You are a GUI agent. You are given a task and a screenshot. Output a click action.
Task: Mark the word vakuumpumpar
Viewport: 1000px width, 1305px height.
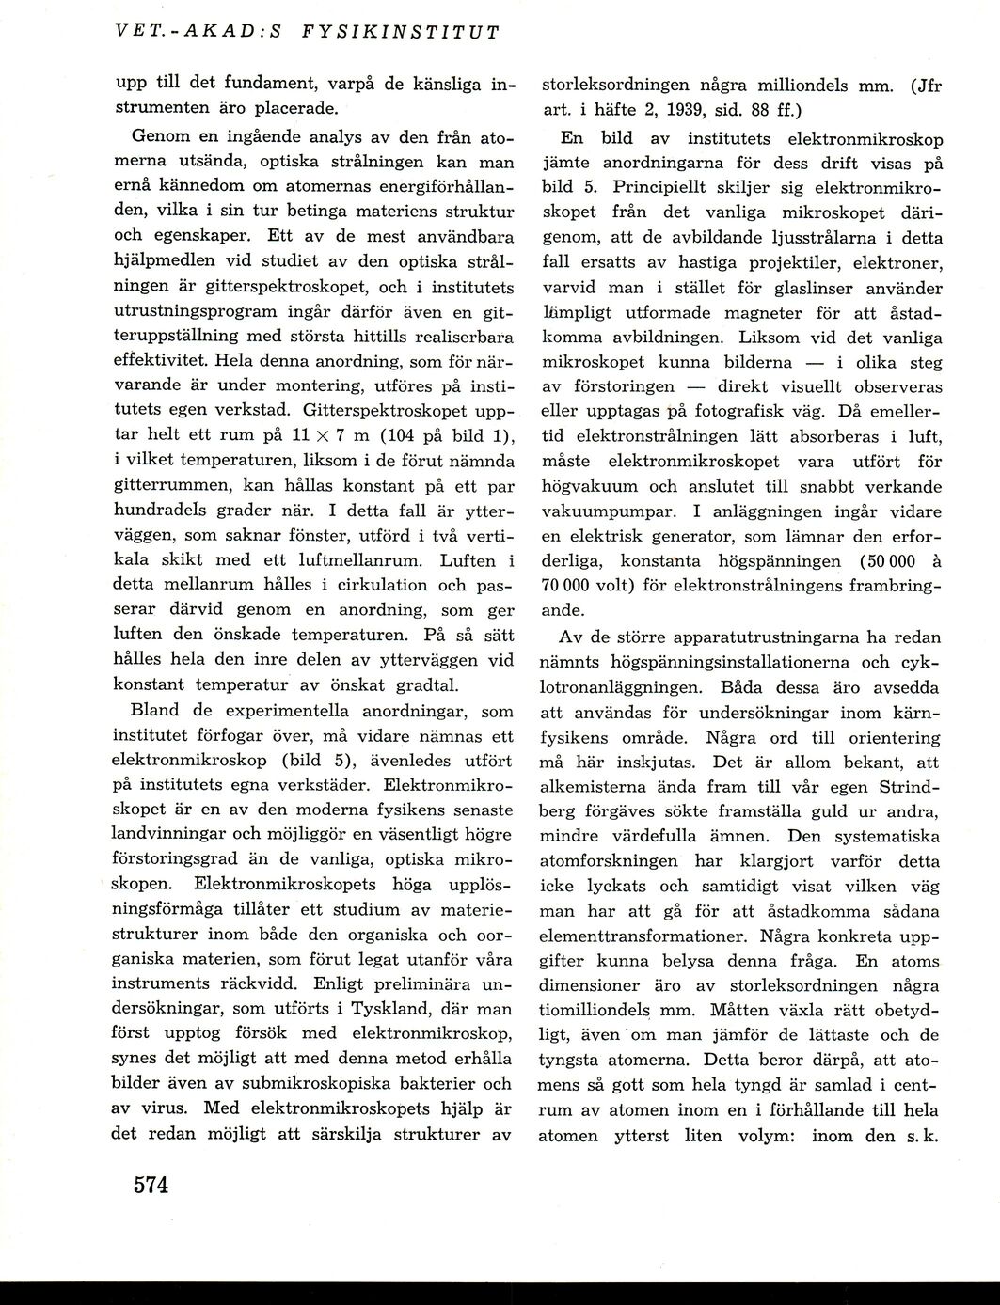pos(604,511)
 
